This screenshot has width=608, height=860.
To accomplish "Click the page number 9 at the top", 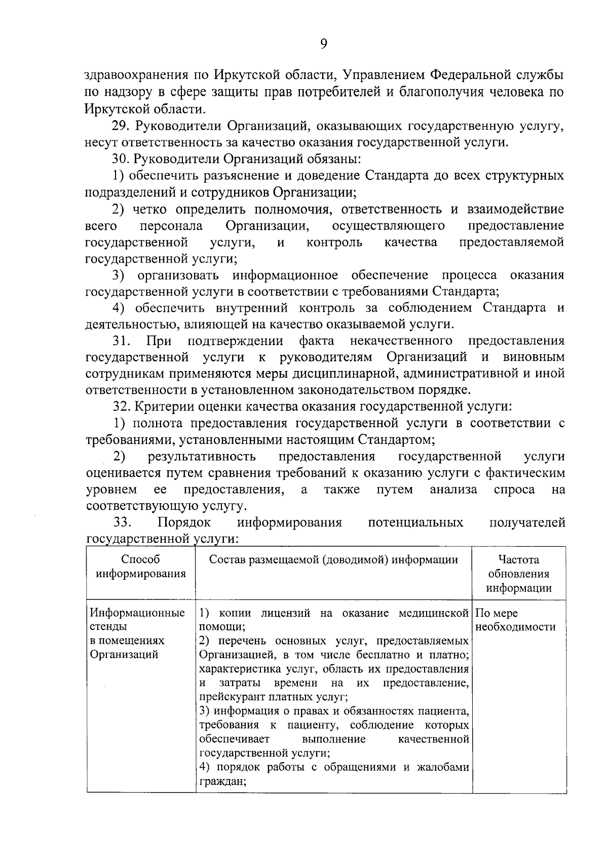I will tap(324, 44).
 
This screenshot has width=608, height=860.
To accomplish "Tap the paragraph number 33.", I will tap(122, 522).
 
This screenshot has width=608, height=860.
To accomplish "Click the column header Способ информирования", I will tap(141, 567).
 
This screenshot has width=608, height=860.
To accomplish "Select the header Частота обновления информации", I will tap(518, 574).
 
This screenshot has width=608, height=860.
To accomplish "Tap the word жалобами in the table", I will tap(442, 767).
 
